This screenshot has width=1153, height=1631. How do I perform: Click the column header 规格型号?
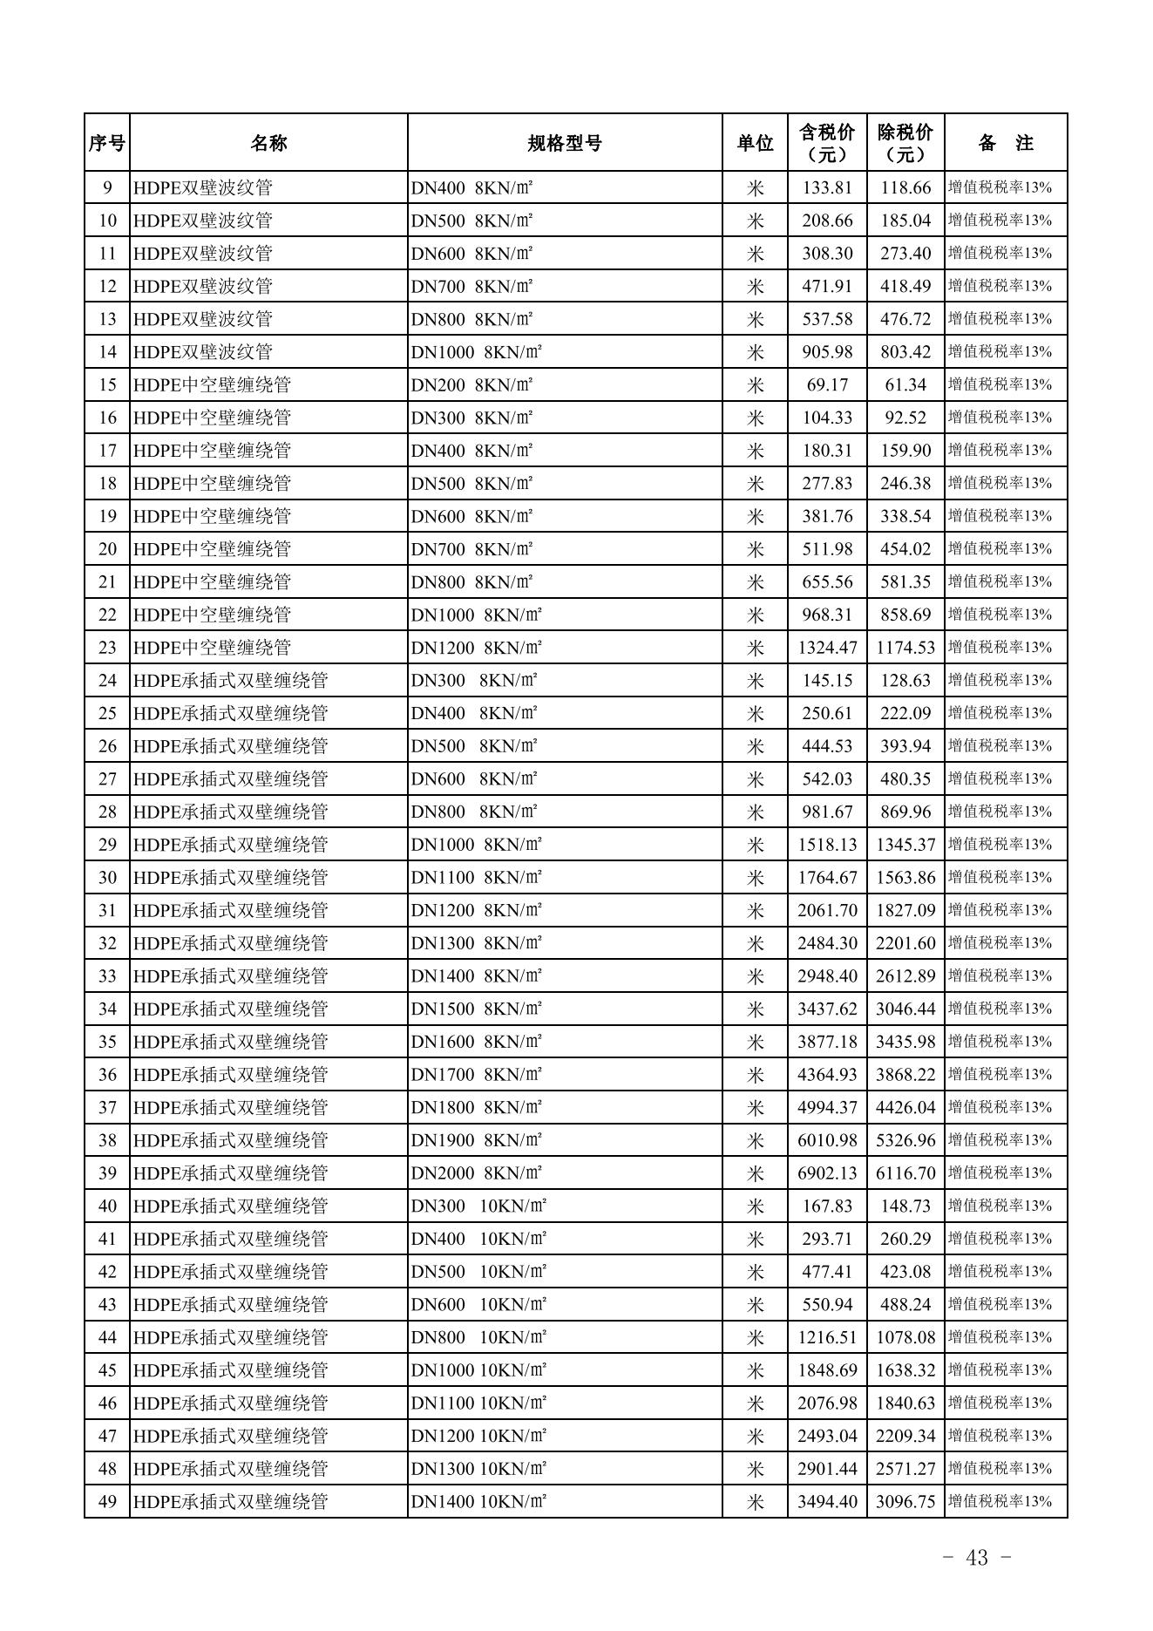(x=565, y=143)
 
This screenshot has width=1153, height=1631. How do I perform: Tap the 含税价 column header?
(x=827, y=143)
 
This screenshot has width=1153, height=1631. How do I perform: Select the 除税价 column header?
(x=905, y=143)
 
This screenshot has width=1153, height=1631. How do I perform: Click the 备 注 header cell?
(x=1006, y=143)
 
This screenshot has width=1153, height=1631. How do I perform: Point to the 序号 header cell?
(x=106, y=143)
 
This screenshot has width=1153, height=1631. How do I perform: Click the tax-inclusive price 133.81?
(x=827, y=187)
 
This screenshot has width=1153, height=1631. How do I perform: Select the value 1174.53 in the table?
(x=905, y=648)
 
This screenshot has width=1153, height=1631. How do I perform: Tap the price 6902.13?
(x=827, y=1173)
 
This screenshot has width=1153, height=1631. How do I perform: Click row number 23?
(x=107, y=648)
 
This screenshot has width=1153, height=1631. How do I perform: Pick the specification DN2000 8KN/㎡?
(x=477, y=1173)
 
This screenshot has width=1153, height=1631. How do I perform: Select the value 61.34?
(x=905, y=384)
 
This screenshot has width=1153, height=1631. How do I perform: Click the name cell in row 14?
(x=203, y=352)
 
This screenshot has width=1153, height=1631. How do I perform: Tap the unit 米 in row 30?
(x=755, y=878)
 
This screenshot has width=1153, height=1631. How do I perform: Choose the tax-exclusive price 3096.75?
(x=905, y=1502)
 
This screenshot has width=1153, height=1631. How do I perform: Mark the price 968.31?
(x=827, y=615)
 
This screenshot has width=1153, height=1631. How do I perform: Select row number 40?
(x=107, y=1206)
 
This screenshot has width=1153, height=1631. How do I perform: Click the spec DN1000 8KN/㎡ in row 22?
(x=477, y=615)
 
